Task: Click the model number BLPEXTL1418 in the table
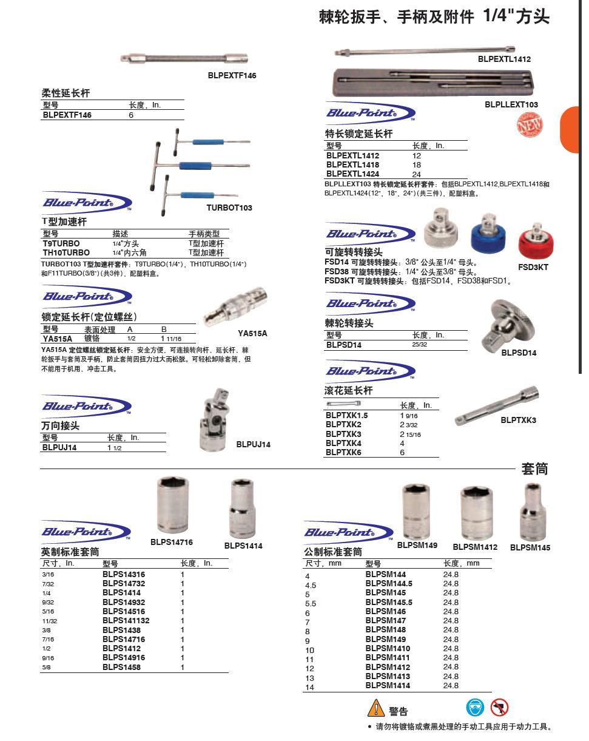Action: click(x=352, y=164)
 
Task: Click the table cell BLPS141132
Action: click(x=126, y=621)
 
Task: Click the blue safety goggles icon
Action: click(x=475, y=708)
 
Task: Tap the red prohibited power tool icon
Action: click(x=499, y=708)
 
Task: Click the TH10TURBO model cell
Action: click(x=66, y=252)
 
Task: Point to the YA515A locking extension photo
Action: click(x=234, y=306)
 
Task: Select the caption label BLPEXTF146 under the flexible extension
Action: click(x=232, y=76)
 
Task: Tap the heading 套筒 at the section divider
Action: click(x=535, y=469)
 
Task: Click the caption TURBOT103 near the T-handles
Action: click(x=229, y=208)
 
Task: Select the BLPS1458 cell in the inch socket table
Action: click(x=121, y=668)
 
